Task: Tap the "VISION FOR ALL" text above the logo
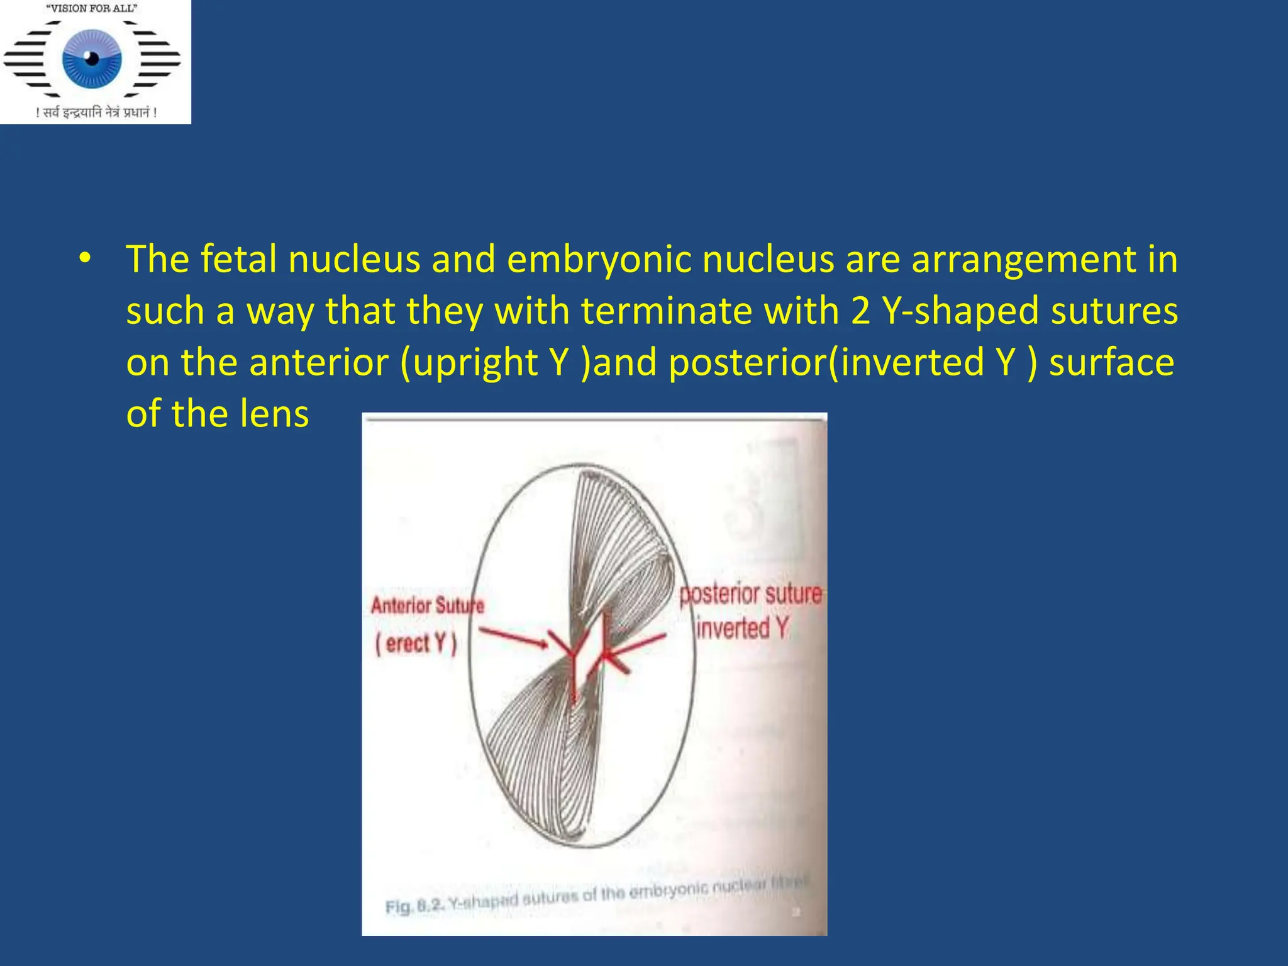(92, 9)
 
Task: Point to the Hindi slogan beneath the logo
(96, 113)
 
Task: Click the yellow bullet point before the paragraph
(85, 258)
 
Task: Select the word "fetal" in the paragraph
(238, 258)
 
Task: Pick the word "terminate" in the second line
(666, 311)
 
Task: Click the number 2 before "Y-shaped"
(860, 311)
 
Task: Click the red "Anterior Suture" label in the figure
(427, 606)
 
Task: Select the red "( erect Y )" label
(416, 643)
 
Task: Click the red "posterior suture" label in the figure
(750, 594)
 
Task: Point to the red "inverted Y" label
(742, 628)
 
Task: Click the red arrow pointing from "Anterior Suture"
(513, 637)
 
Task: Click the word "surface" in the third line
(1111, 363)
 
